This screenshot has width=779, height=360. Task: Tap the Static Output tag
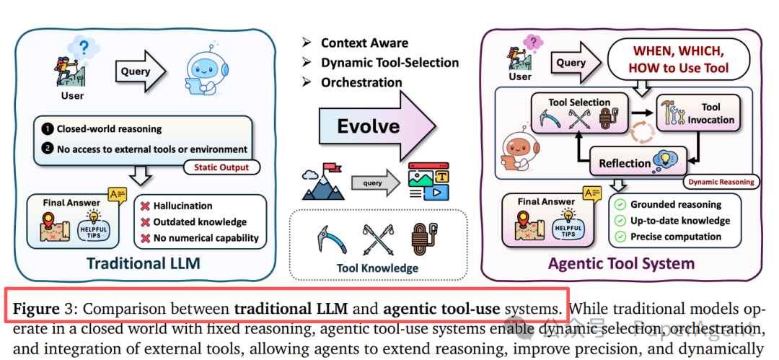pos(224,168)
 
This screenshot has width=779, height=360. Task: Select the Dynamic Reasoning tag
pos(721,182)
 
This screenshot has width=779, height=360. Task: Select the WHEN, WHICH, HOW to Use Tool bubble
pos(678,61)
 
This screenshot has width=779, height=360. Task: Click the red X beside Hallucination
pos(147,206)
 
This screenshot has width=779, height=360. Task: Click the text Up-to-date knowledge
pos(680,221)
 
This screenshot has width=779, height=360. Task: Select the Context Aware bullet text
pos(364,43)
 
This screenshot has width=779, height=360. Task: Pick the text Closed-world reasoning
pos(109,129)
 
